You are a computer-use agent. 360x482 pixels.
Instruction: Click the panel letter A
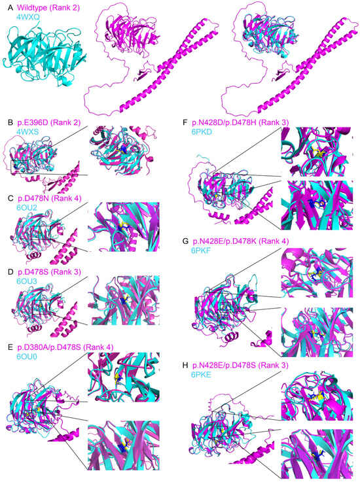(8, 6)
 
